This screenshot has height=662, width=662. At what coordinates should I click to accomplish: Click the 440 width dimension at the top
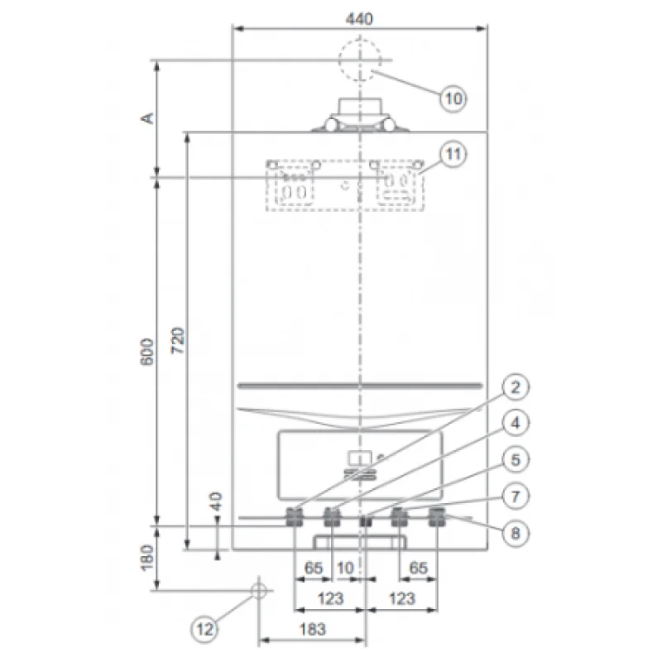pyautogui.click(x=359, y=19)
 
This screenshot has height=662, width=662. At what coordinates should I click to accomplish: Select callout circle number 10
pyautogui.click(x=453, y=98)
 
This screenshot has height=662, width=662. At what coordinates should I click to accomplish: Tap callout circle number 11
pyautogui.click(x=453, y=154)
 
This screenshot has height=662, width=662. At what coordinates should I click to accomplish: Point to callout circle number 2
pyautogui.click(x=516, y=386)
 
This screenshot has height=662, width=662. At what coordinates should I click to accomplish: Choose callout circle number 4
pyautogui.click(x=516, y=423)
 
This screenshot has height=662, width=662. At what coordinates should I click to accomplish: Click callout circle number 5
pyautogui.click(x=516, y=460)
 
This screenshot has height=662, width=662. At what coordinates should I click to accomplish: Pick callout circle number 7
pyautogui.click(x=516, y=496)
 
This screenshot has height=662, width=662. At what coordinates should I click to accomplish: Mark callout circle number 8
pyautogui.click(x=516, y=533)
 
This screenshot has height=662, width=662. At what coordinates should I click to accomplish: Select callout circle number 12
pyautogui.click(x=204, y=630)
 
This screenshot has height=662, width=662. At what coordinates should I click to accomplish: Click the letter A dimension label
pyautogui.click(x=147, y=118)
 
